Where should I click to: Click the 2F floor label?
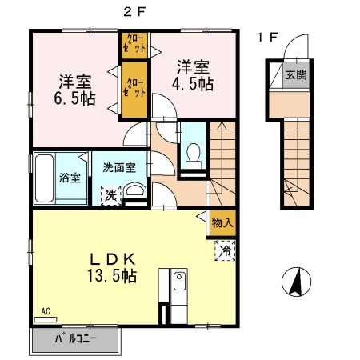[x=134, y=11]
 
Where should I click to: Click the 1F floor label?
[x=266, y=37]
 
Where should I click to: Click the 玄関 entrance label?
[x=297, y=76]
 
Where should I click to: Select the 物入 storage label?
[x=222, y=223]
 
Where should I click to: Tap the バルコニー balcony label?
[x=75, y=339]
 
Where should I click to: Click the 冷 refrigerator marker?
[x=224, y=250]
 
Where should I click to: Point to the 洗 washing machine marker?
[x=109, y=193]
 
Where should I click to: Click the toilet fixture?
[x=192, y=154]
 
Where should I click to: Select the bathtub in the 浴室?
[x=45, y=178]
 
